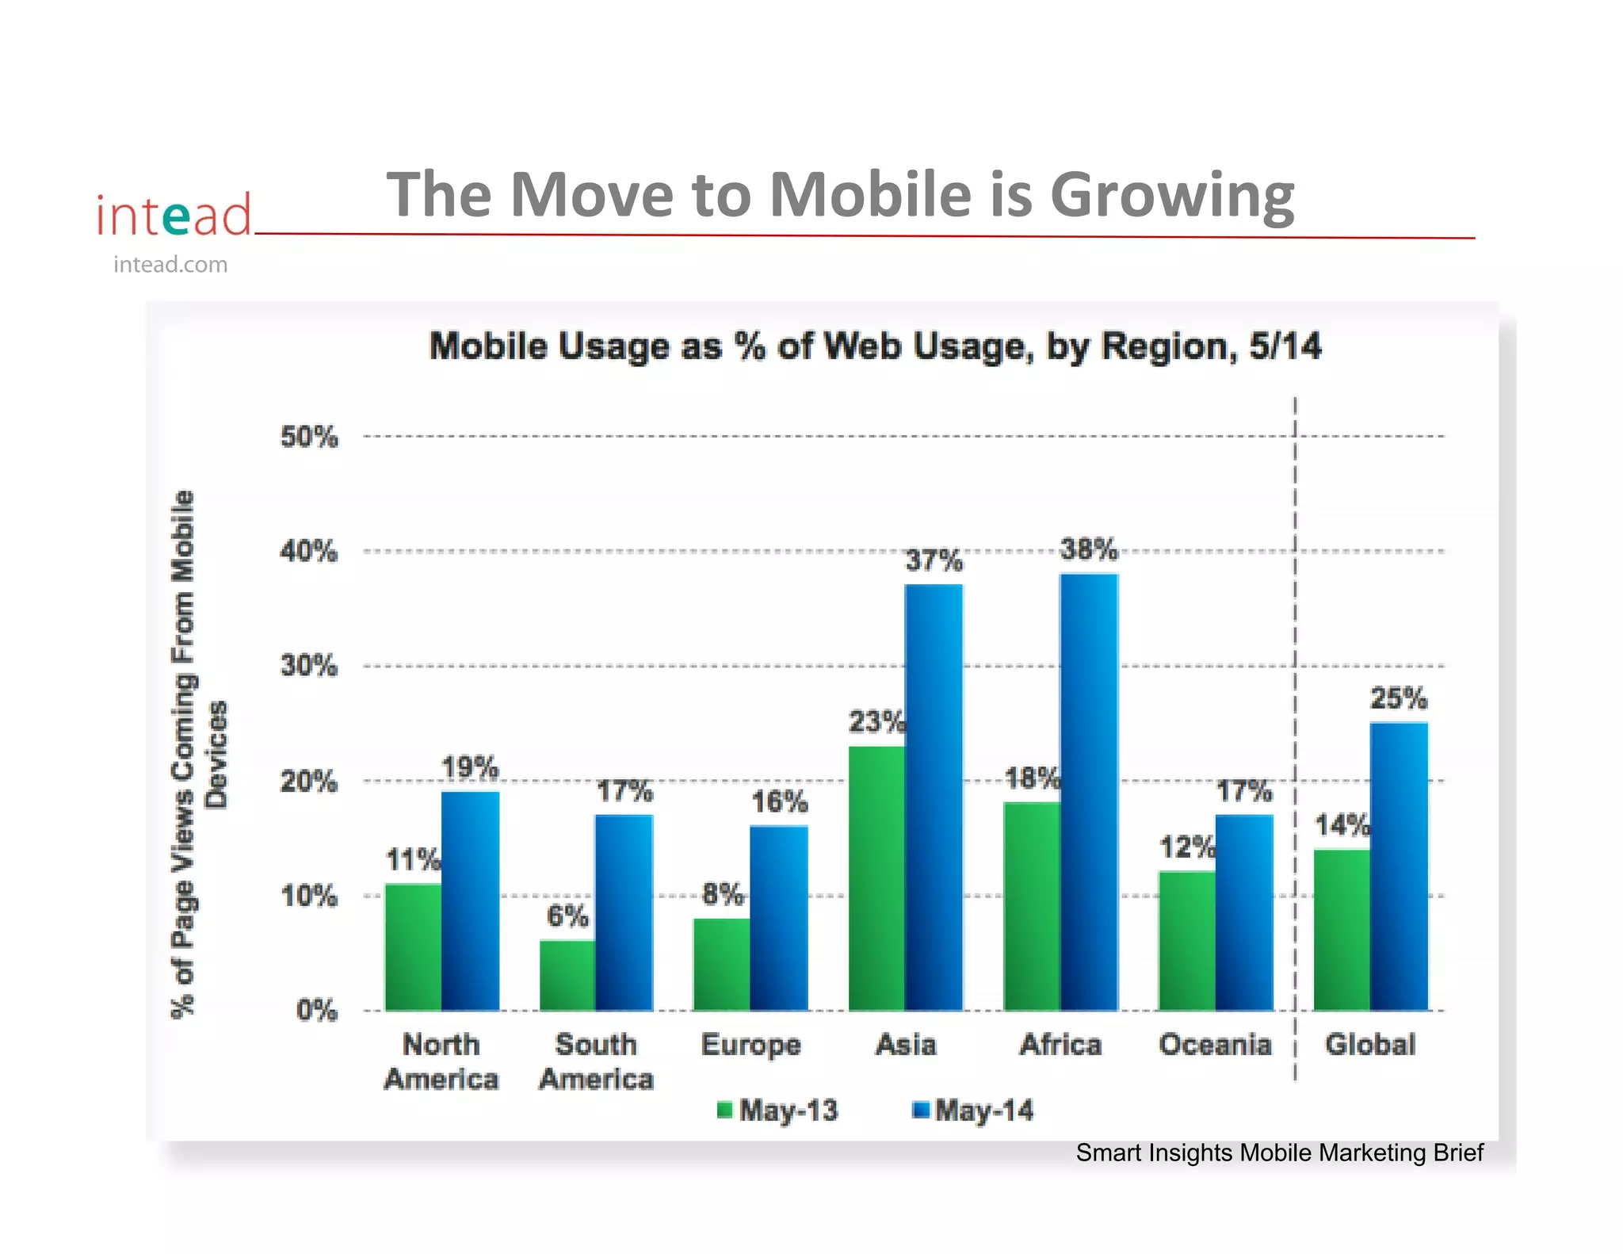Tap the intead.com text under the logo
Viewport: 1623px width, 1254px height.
tap(170, 265)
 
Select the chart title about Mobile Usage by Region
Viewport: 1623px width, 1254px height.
tap(875, 347)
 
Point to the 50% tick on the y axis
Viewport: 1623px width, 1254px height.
tap(309, 437)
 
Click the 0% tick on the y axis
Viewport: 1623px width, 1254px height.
tap(316, 1011)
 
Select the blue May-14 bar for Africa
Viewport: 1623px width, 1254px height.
tap(1089, 792)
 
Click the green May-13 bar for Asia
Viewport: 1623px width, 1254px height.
tap(876, 877)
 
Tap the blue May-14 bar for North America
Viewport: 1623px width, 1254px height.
tap(470, 900)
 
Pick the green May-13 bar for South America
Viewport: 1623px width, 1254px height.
tap(567, 975)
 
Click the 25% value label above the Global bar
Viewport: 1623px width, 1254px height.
tap(1399, 698)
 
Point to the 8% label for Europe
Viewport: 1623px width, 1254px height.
tap(723, 895)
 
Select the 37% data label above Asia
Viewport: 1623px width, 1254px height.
tap(934, 560)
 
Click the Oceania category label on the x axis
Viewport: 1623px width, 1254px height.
tap(1215, 1045)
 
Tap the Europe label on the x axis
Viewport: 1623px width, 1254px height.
tap(750, 1045)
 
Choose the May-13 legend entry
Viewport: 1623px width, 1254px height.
tap(777, 1111)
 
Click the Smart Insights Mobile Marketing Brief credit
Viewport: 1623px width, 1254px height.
tap(1278, 1153)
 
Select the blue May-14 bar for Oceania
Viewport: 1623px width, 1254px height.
tap(1243, 912)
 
